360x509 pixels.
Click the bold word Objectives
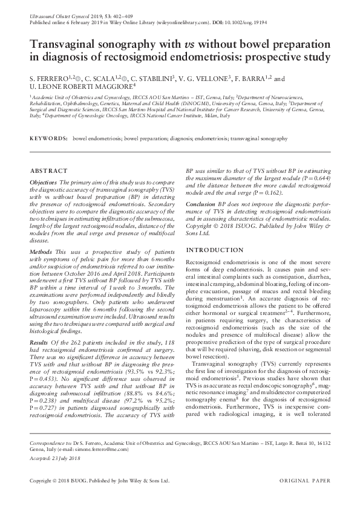click(x=44, y=182)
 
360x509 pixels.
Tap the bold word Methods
click(x=41, y=250)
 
